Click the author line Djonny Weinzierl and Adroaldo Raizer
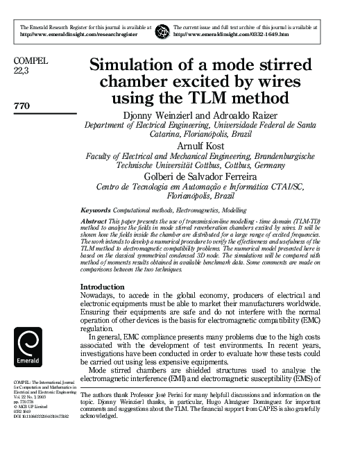[x=200, y=114]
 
